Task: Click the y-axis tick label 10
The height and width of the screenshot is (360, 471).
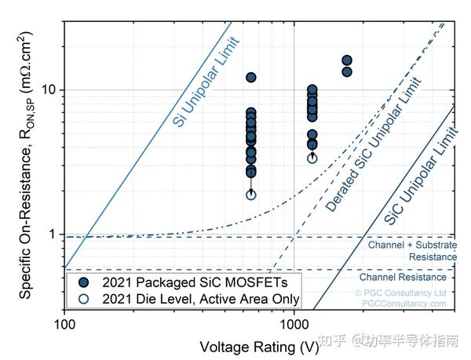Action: pos(49,90)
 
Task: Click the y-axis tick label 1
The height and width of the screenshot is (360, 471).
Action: pos(53,235)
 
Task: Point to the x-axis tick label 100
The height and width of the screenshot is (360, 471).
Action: pos(64,322)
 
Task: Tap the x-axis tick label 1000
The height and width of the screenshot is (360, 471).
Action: pos(294,322)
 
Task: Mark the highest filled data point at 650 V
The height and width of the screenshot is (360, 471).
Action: pos(251,78)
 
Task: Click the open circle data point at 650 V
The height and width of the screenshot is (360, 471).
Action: pos(251,195)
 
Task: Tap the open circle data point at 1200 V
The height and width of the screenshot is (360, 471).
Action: pos(312,158)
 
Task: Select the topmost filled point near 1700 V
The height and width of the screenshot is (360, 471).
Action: pos(347,60)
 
